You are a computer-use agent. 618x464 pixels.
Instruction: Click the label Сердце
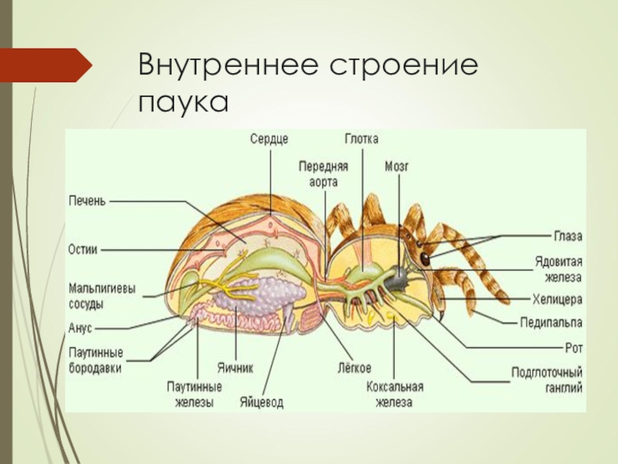[269, 140]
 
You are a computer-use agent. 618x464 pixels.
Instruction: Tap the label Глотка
[362, 140]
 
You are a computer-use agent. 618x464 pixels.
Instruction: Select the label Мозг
[399, 165]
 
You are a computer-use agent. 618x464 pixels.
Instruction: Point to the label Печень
[87, 201]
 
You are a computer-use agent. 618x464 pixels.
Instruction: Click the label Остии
[83, 250]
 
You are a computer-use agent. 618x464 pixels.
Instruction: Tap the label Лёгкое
[355, 366]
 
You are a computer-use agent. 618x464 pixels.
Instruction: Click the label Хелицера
[556, 298]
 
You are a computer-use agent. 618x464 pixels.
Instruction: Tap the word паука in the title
[184, 101]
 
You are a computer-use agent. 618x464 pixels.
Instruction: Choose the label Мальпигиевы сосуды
[101, 295]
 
